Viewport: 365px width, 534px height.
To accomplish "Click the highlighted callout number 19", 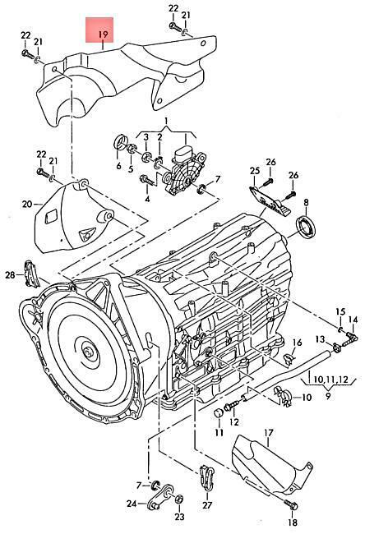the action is click(103, 34).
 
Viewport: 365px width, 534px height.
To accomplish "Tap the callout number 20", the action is click(27, 204).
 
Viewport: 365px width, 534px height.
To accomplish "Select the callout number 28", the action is click(10, 274).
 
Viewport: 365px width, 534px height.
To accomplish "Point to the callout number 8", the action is click(306, 202).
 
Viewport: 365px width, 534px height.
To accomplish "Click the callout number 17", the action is click(269, 433).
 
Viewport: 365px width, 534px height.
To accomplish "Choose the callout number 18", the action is click(293, 522).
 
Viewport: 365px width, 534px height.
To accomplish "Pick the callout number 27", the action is click(207, 504).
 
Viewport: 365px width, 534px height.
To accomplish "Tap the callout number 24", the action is click(132, 504).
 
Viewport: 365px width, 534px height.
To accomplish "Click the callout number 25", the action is click(255, 171).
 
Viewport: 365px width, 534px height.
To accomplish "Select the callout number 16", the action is click(298, 342).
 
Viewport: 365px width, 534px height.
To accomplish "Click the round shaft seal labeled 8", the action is click(306, 225).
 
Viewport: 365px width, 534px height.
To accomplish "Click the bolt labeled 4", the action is click(147, 180).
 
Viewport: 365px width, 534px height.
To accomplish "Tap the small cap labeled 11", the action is click(218, 413).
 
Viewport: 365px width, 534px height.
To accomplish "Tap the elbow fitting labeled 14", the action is click(351, 338).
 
